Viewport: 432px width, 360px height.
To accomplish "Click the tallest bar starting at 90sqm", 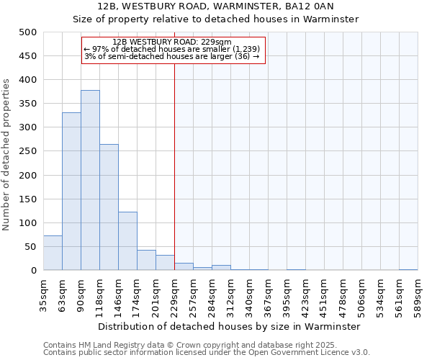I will (90, 180).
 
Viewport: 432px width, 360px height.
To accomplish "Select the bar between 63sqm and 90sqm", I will (71, 192).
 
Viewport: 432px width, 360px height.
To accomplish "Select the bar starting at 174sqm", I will (146, 260).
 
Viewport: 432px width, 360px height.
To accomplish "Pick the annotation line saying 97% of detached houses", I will (172, 49).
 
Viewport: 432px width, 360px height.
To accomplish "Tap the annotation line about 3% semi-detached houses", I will (172, 56).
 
